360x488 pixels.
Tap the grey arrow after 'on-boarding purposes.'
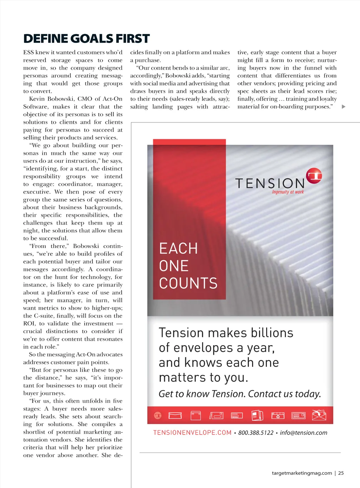click(x=343, y=107)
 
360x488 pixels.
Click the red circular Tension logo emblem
click(x=314, y=176)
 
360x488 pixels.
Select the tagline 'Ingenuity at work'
click(x=288, y=192)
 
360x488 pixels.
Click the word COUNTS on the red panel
click(x=188, y=283)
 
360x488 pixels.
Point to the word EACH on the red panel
click(x=178, y=248)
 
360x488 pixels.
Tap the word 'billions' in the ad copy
click(x=272, y=333)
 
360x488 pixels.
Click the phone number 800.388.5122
click(x=256, y=433)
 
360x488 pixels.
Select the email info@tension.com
click(x=303, y=433)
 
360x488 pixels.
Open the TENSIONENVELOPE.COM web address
click(x=192, y=433)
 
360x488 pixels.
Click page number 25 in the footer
click(x=341, y=473)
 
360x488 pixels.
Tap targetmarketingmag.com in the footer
click(x=302, y=473)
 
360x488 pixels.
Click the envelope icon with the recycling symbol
click(x=278, y=416)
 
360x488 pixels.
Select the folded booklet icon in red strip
click(x=257, y=416)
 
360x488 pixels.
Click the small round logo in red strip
click(x=158, y=416)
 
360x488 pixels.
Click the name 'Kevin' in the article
click(x=37, y=99)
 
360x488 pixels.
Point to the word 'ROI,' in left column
click(x=29, y=324)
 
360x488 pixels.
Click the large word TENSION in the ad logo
click(x=270, y=183)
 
